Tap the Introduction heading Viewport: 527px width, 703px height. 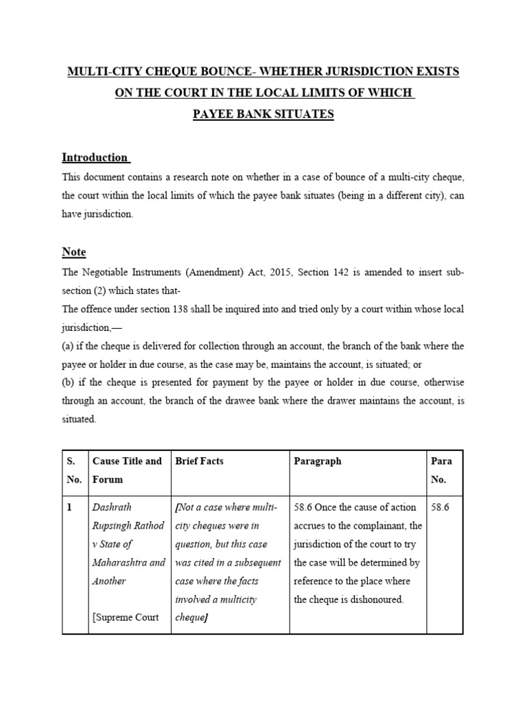[x=95, y=157]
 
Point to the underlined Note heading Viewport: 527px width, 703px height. [x=74, y=252]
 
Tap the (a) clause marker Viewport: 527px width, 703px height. [x=69, y=346]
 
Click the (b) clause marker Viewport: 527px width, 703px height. [x=69, y=383]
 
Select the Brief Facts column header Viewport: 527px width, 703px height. [x=200, y=461]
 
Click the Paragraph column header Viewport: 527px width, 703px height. [x=317, y=461]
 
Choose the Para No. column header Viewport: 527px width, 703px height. [x=441, y=470]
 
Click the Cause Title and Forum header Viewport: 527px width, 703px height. [x=127, y=470]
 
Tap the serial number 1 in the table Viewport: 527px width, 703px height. [x=69, y=507]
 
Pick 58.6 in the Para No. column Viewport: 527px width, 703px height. [x=441, y=507]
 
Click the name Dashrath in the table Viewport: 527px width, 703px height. [x=112, y=507]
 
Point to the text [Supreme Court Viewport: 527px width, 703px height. [x=126, y=617]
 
